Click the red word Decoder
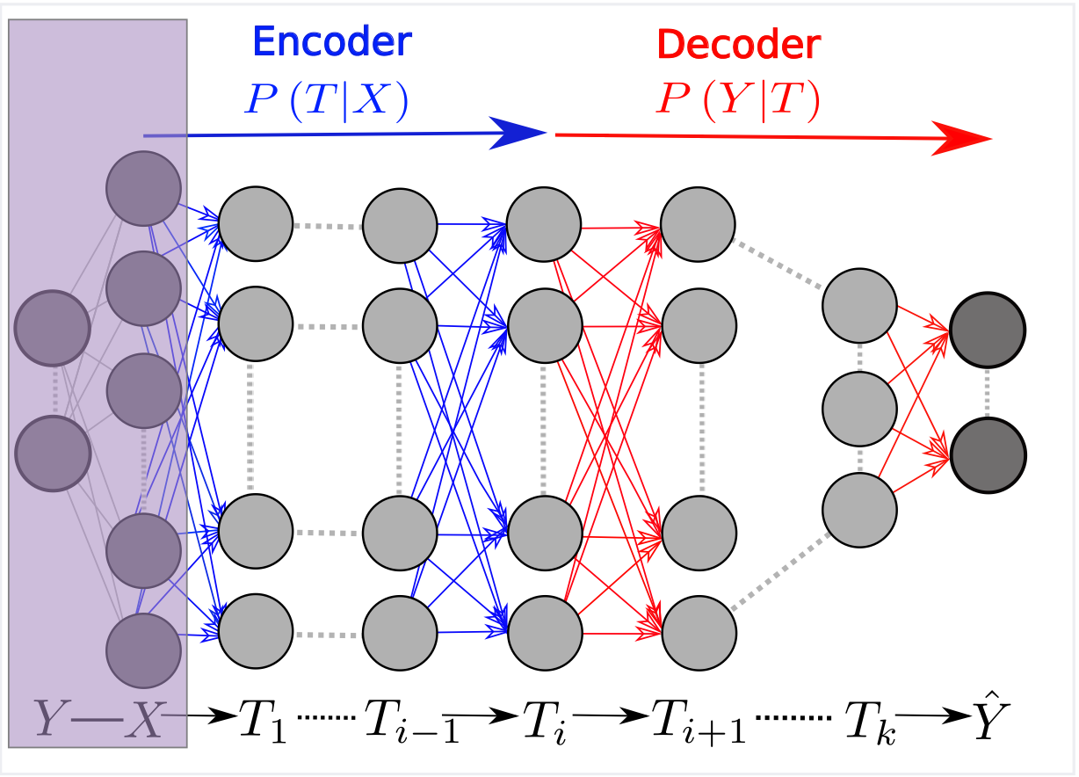click(739, 43)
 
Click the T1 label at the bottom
click(264, 723)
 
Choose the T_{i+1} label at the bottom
click(698, 723)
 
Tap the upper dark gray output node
click(988, 331)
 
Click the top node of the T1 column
click(256, 223)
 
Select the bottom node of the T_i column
click(545, 633)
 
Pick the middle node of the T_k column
click(859, 409)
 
